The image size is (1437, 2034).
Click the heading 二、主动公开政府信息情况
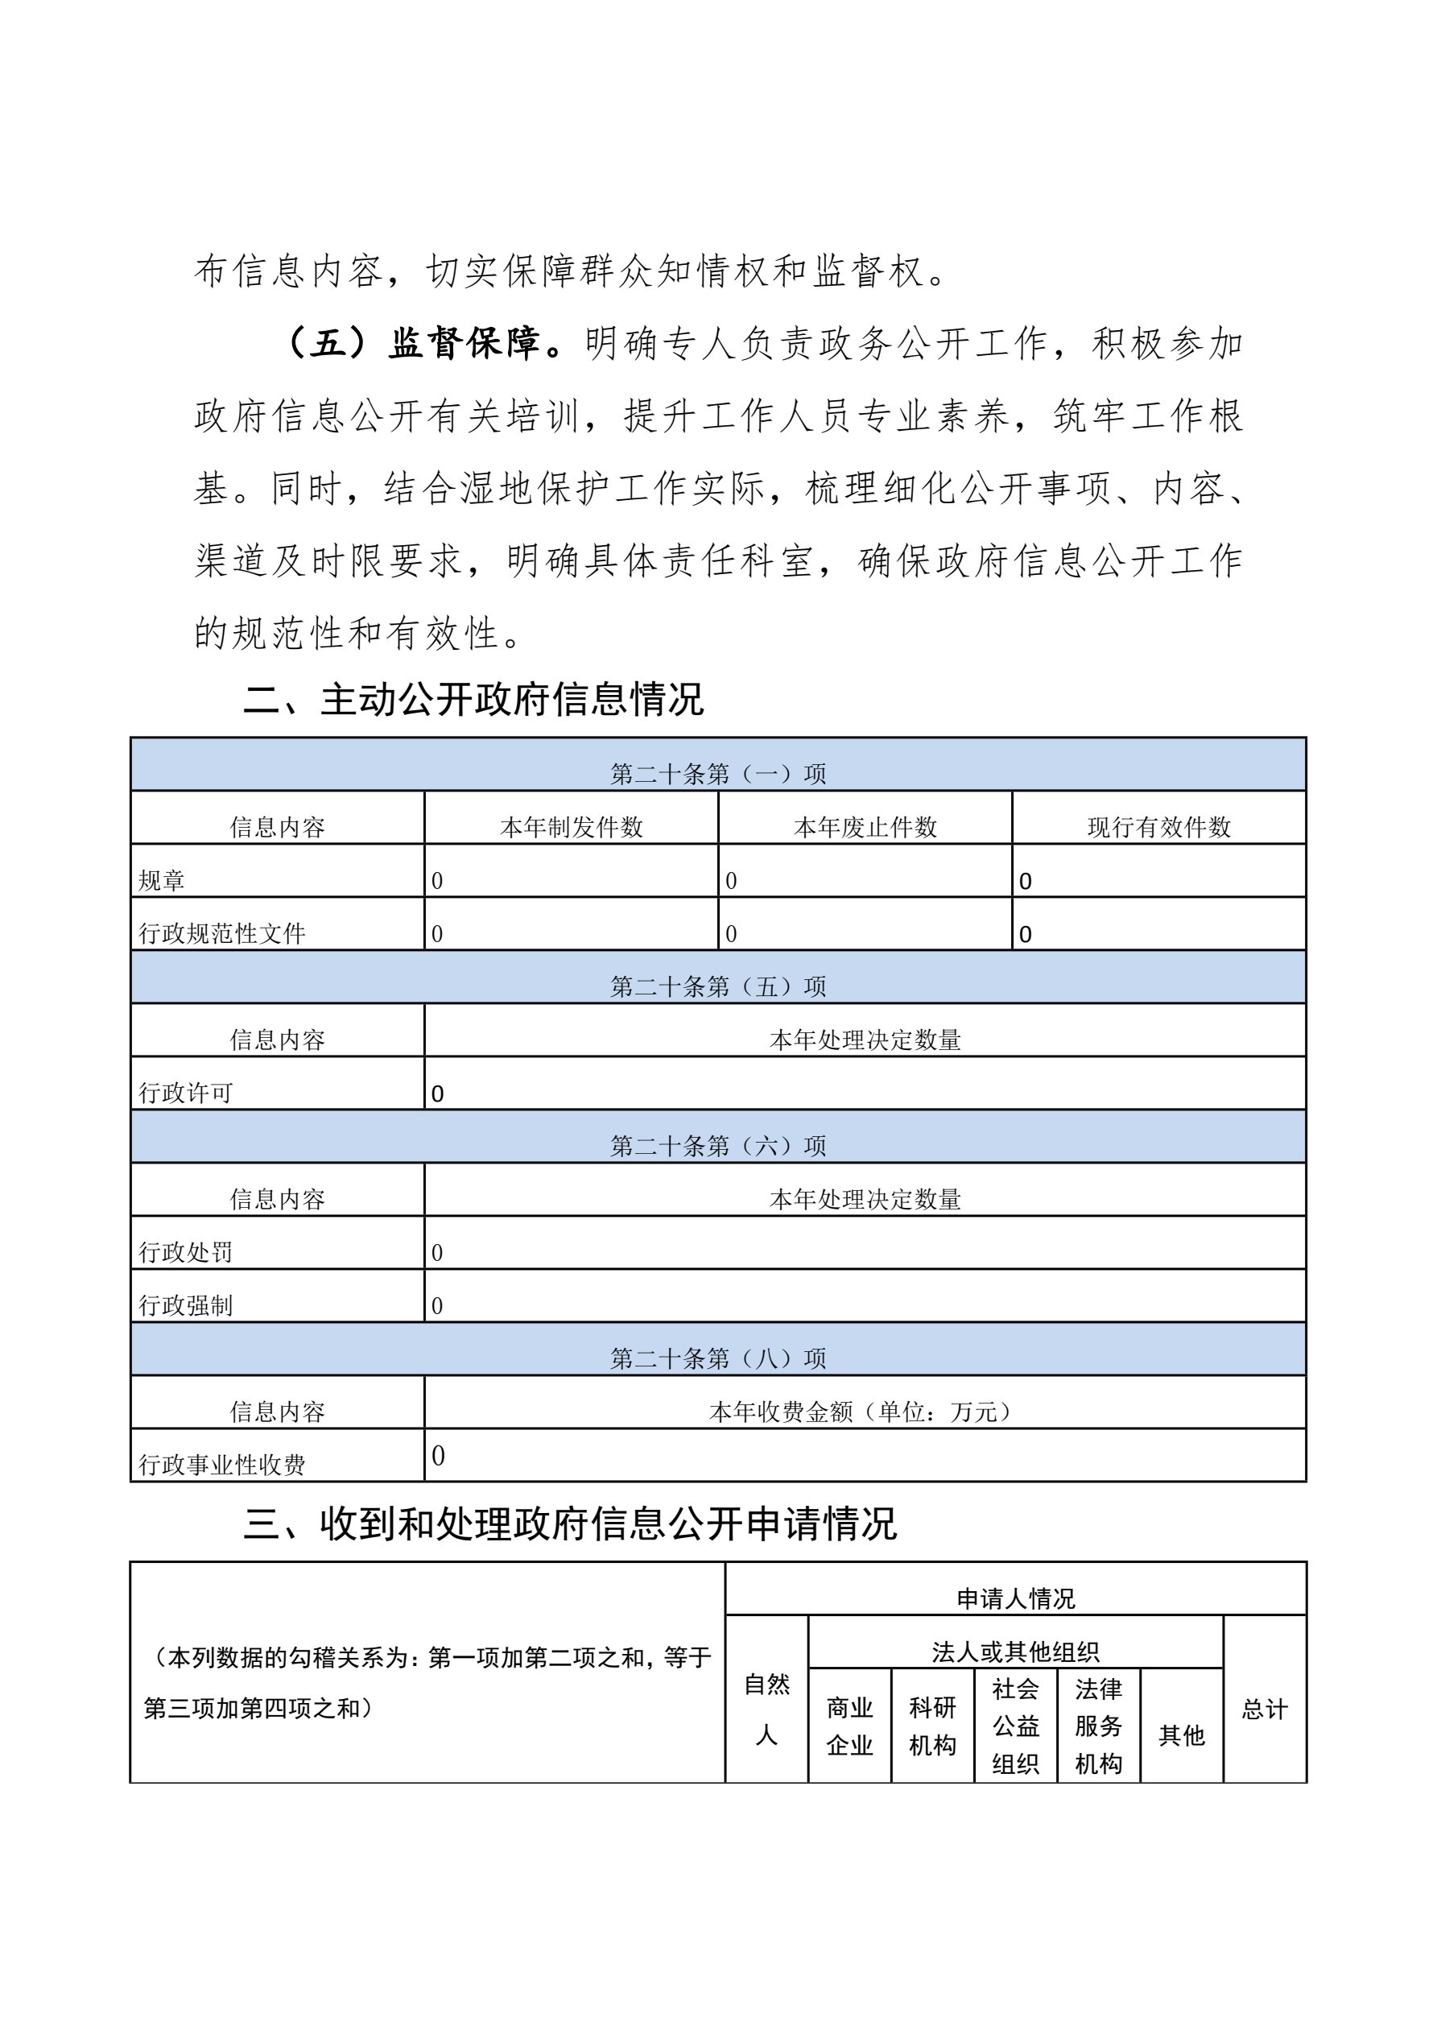pyautogui.click(x=473, y=700)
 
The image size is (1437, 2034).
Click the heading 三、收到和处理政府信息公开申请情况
pyautogui.click(x=570, y=1524)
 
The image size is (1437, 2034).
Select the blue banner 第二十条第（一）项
pyautogui.click(x=717, y=773)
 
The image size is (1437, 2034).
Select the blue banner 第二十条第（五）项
pyautogui.click(x=717, y=986)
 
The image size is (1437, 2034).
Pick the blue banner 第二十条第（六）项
pyautogui.click(x=717, y=1146)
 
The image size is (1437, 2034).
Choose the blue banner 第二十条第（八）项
pyautogui.click(x=717, y=1358)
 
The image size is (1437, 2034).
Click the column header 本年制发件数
pyautogui.click(x=572, y=826)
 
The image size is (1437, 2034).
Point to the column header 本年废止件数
pyautogui.click(x=865, y=826)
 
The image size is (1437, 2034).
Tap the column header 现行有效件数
pyautogui.click(x=1158, y=826)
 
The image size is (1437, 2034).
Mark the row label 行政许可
pyautogui.click(x=185, y=1093)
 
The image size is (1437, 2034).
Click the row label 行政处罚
pyautogui.click(x=185, y=1253)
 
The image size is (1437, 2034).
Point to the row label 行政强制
pyautogui.click(x=185, y=1306)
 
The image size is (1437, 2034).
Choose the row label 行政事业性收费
pyautogui.click(x=222, y=1466)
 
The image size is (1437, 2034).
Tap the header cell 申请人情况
pyautogui.click(x=1015, y=1599)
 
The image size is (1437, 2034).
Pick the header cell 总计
pyautogui.click(x=1264, y=1709)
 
